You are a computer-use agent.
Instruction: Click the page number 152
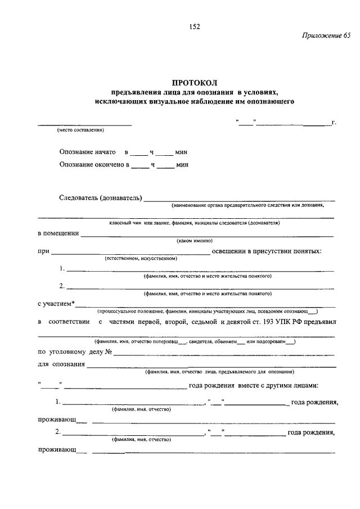pos(195,26)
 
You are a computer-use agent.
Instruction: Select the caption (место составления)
pos(80,130)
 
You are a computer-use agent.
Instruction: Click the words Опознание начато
pos(88,152)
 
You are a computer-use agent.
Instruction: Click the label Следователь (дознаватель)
pos(101,199)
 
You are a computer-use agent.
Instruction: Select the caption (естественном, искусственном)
pos(141,259)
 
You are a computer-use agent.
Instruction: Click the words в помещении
pos(58,233)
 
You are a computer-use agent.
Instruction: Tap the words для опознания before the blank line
pos(61,364)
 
